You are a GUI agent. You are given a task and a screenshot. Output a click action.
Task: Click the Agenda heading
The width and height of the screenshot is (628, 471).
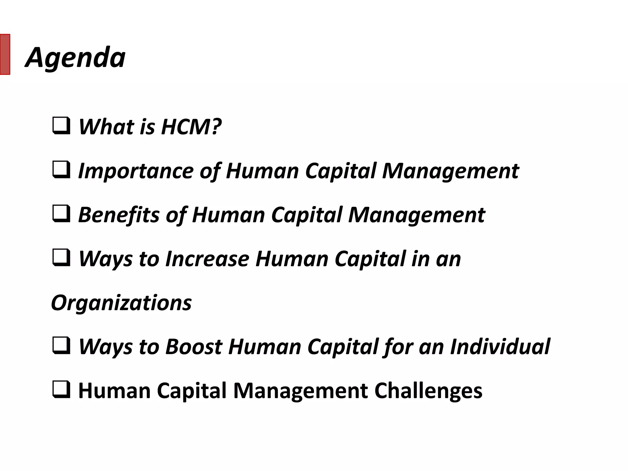pyautogui.click(x=75, y=57)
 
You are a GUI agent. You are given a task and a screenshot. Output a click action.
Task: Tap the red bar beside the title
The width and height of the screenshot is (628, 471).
pyautogui.click(x=5, y=54)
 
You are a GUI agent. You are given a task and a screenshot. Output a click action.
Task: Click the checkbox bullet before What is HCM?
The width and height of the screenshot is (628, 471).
pyautogui.click(x=61, y=126)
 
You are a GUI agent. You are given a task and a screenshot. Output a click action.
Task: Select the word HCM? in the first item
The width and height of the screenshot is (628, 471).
pyautogui.click(x=191, y=127)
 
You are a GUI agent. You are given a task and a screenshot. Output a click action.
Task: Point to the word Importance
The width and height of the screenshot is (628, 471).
pyautogui.click(x=136, y=171)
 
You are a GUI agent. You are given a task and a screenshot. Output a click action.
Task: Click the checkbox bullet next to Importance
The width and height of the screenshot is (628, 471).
pyautogui.click(x=61, y=170)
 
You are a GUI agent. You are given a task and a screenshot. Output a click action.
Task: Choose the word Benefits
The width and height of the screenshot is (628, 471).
pyautogui.click(x=119, y=215)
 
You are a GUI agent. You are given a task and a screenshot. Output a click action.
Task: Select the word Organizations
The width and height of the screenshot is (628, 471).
pyautogui.click(x=121, y=303)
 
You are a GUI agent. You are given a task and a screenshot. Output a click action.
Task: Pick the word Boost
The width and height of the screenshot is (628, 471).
pyautogui.click(x=194, y=347)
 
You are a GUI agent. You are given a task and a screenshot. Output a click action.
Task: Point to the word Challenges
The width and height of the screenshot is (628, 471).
pyautogui.click(x=428, y=391)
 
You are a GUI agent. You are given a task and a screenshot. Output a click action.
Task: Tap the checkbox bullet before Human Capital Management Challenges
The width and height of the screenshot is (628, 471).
pyautogui.click(x=61, y=390)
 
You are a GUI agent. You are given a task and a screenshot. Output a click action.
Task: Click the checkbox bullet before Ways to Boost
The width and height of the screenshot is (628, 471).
pyautogui.click(x=61, y=346)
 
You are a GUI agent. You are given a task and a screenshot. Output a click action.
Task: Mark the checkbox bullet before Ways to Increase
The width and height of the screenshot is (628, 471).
pyautogui.click(x=61, y=258)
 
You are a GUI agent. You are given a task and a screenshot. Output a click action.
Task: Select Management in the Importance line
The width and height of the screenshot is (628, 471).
pyautogui.click(x=450, y=171)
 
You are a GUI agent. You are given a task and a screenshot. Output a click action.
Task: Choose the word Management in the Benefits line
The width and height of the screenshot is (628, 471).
pyautogui.click(x=416, y=215)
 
